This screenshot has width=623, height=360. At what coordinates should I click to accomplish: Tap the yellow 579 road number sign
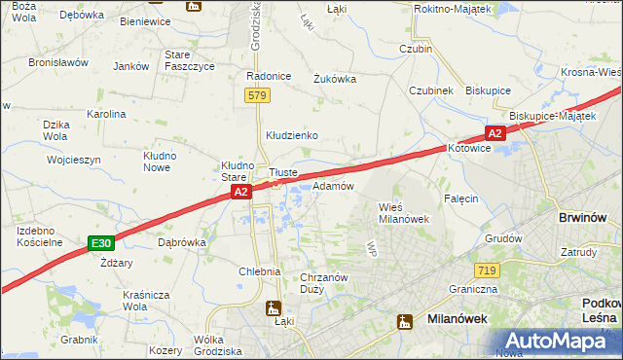point(257,95)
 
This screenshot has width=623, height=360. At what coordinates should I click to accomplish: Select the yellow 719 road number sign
point(488,268)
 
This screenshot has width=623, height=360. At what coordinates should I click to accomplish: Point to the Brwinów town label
point(584,219)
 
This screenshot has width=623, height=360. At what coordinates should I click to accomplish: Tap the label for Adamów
point(332,185)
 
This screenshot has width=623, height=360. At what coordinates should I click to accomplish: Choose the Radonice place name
point(270,77)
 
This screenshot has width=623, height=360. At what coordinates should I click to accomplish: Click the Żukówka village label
point(334,79)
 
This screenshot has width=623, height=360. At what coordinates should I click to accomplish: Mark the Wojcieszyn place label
point(74,159)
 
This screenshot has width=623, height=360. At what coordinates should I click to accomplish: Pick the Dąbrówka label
point(181,242)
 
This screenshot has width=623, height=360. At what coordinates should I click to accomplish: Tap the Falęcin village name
point(460,198)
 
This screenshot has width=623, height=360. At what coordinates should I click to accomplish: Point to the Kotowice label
point(471,150)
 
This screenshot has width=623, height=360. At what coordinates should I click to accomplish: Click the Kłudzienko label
point(292,135)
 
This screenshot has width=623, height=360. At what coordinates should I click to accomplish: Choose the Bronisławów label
point(58,62)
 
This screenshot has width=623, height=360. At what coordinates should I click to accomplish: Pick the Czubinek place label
point(431,90)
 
